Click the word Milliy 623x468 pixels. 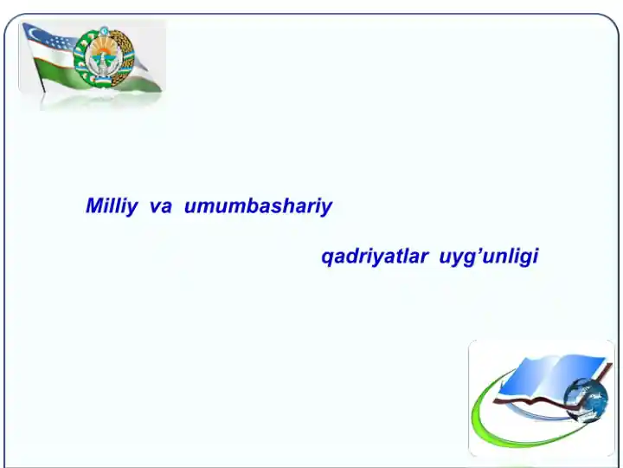pyautogui.click(x=112, y=206)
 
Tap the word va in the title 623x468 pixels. pyautogui.click(x=161, y=206)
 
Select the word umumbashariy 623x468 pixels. pyautogui.click(x=258, y=206)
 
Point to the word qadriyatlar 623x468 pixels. pyautogui.click(x=375, y=257)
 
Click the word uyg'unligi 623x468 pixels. pyautogui.click(x=489, y=257)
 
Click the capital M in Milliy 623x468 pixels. pyautogui.click(x=95, y=205)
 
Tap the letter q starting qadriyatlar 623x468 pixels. pyautogui.click(x=327, y=258)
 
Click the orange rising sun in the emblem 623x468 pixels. pyautogui.click(x=104, y=53)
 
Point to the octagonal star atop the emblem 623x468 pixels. pyautogui.click(x=104, y=31)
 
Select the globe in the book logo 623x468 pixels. pyautogui.click(x=586, y=400)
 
